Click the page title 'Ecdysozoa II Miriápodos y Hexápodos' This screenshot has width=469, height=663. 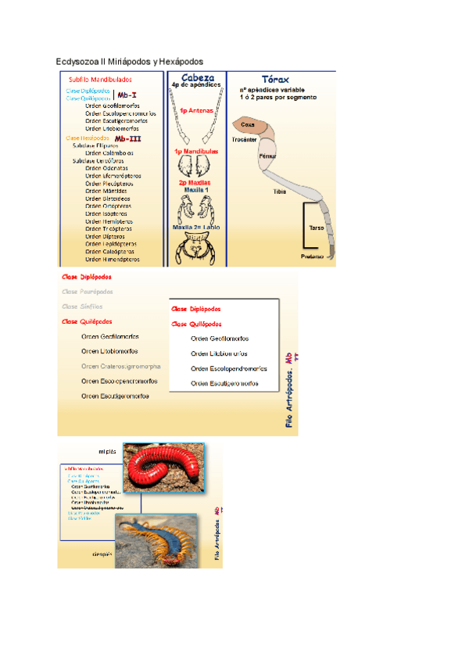pos(130,61)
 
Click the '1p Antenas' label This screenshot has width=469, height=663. pos(197,111)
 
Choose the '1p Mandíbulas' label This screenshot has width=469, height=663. pos(197,151)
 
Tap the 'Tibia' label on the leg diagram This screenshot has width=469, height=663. pos(279,191)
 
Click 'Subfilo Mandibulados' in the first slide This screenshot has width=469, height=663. pos(100,79)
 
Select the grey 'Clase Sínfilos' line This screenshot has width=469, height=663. pos(82,306)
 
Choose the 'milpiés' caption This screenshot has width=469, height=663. pos(107,451)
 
